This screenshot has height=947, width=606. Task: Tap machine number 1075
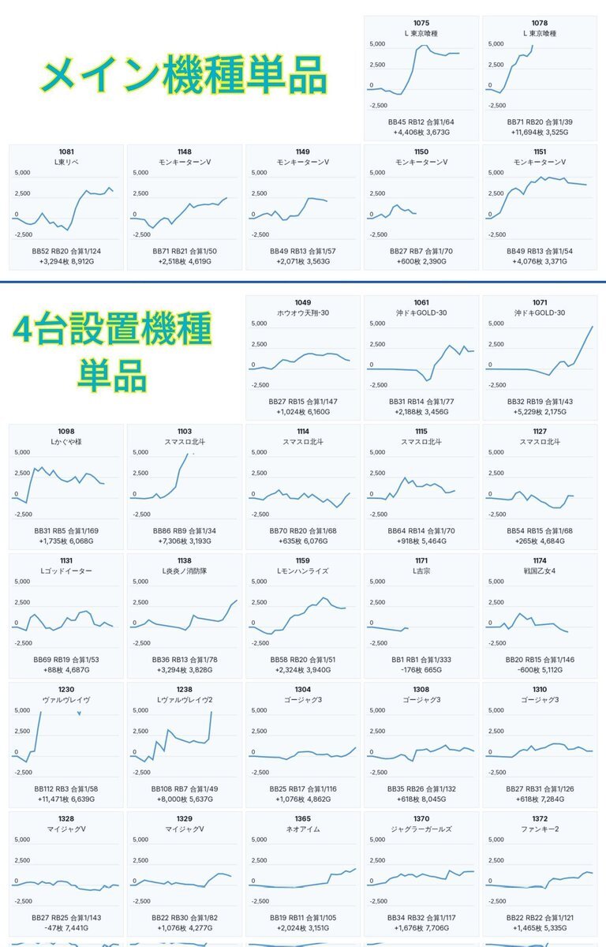[421, 23]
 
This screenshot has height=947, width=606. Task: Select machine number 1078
[540, 23]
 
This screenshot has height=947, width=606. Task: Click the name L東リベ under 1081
[66, 162]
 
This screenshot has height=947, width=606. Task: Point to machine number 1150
[421, 152]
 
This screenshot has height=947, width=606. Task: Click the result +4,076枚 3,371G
[540, 260]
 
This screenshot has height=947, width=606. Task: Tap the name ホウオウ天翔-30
[303, 313]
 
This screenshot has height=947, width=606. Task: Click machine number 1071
[540, 302]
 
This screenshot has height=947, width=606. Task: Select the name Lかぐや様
[66, 442]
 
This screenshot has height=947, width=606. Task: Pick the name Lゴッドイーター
[66, 571]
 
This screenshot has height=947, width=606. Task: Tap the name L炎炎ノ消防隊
[185, 571]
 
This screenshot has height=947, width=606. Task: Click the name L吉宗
[421, 571]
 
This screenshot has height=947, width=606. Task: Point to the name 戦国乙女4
[540, 571]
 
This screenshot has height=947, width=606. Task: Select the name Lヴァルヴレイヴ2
[185, 699]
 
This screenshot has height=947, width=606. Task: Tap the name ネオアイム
[303, 829]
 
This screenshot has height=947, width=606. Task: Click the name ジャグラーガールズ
[421, 829]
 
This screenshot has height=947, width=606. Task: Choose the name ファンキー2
[540, 829]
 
